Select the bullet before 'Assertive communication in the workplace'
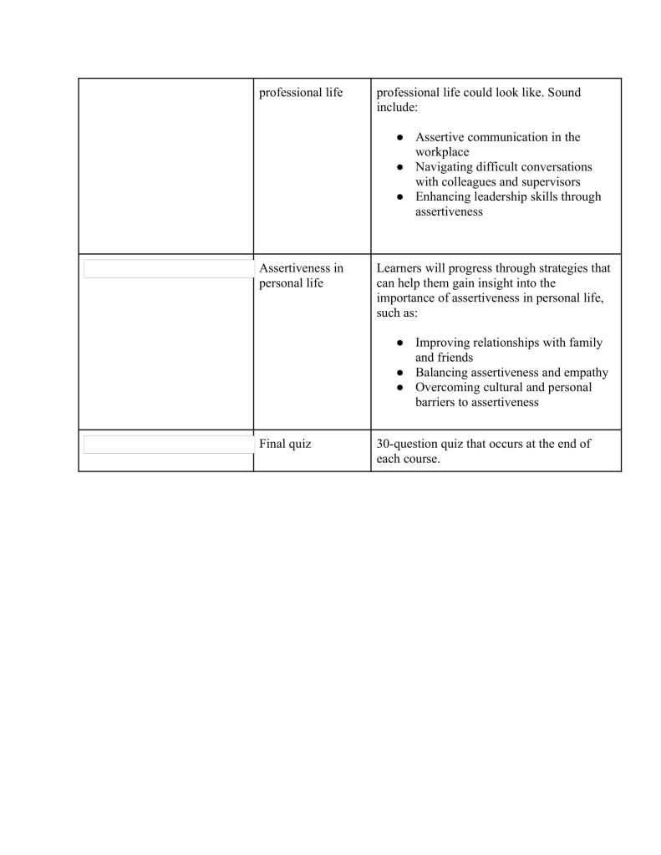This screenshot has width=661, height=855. (x=401, y=138)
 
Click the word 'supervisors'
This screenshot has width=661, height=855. (x=548, y=182)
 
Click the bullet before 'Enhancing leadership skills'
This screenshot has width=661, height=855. (x=401, y=198)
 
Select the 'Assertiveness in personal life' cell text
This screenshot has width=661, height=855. (x=301, y=276)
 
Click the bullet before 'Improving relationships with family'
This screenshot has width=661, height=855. (x=401, y=344)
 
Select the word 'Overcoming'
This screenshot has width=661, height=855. (x=449, y=388)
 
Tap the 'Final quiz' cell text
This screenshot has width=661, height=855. (x=285, y=444)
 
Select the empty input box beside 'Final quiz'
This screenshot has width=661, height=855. (x=168, y=444)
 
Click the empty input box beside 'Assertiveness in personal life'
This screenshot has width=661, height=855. (x=168, y=268)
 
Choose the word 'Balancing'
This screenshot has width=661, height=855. (x=444, y=373)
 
